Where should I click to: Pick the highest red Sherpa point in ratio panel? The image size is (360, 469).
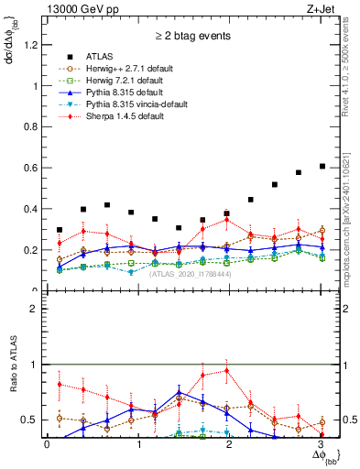coord(226,370)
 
